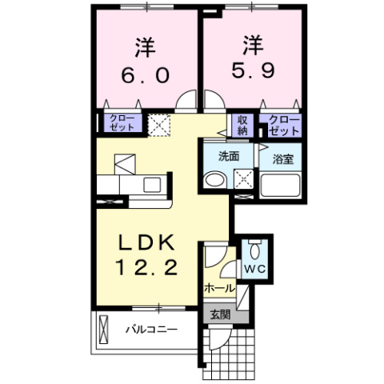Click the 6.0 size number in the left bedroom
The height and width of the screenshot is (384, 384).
tap(145, 75)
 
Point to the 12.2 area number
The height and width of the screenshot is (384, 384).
tap(144, 268)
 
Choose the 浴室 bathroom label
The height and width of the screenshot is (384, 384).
tap(282, 158)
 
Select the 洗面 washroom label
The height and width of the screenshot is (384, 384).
tap(230, 156)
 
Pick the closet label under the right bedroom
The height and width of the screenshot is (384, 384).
tap(284, 124)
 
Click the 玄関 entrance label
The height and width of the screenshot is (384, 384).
tap(219, 314)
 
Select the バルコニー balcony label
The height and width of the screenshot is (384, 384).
tap(150, 329)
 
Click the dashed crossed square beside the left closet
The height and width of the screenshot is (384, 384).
tap(158, 124)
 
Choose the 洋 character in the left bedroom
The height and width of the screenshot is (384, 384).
tap(146, 46)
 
